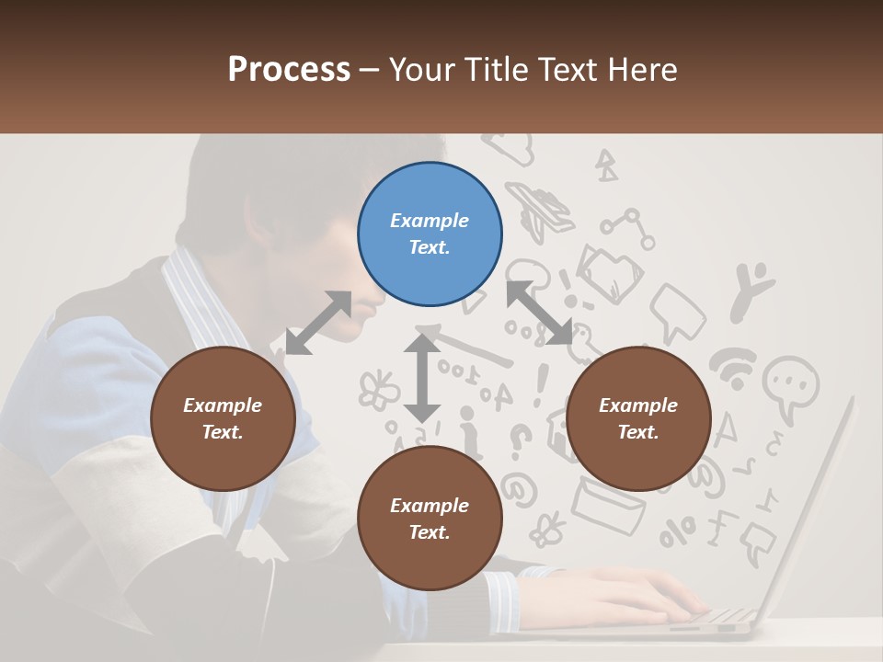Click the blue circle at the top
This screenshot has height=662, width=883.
point(430,234)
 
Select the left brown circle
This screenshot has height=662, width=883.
point(223,419)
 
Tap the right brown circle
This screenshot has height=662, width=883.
point(638,419)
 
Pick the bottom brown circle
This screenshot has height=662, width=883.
point(430,519)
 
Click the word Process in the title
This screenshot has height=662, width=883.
point(289,70)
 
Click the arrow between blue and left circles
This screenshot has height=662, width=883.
point(318,323)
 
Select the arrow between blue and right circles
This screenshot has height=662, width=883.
point(540,313)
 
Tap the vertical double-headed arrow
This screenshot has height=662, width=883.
point(422,378)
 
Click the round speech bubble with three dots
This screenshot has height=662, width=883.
point(790,383)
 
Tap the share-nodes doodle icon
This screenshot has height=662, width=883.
point(628,229)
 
